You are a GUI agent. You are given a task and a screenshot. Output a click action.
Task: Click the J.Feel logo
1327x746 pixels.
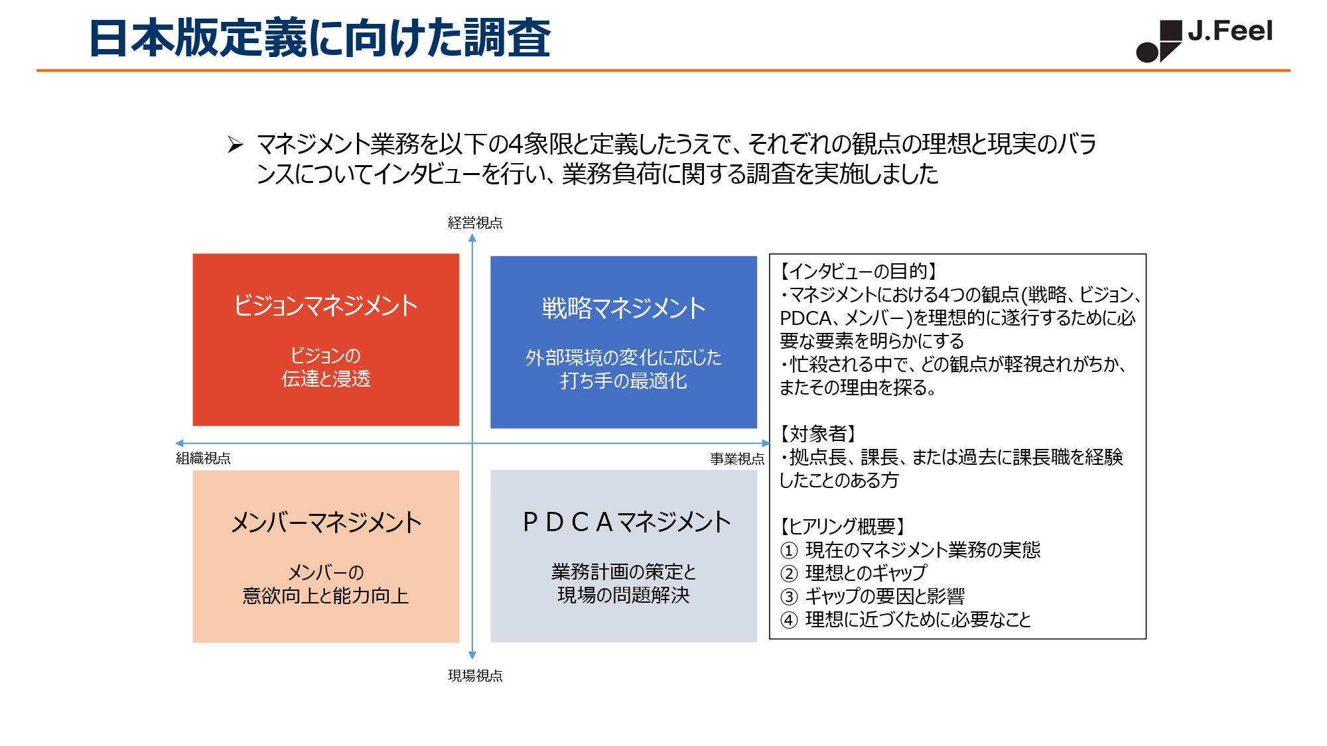coord(1204,40)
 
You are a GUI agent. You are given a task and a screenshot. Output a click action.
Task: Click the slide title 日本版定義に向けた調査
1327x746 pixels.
coord(320,38)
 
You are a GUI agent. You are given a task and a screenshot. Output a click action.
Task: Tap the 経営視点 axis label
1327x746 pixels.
coord(475,223)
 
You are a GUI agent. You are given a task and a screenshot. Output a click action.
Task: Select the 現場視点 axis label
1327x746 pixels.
coord(475,676)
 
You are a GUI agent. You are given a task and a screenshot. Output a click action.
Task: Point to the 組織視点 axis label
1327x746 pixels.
coord(203,458)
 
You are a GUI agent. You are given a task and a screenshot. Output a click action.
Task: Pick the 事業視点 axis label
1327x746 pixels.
coord(737,459)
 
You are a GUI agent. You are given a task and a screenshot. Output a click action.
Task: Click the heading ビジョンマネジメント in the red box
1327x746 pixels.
coord(326,306)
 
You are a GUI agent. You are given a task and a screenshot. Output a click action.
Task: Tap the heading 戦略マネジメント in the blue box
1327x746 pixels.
coord(624,308)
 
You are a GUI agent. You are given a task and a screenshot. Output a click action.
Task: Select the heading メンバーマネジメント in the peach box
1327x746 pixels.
coord(326,523)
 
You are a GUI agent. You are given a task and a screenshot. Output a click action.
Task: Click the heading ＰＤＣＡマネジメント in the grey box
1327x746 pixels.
coord(626,523)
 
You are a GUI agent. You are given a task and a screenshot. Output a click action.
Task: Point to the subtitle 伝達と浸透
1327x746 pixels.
coord(326,379)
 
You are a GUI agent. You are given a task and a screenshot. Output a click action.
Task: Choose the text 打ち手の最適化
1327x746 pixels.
coord(624,381)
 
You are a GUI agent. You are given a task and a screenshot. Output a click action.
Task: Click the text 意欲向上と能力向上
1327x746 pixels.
coord(326,595)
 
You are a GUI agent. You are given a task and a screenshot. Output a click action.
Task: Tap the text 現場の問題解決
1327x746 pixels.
coord(624,595)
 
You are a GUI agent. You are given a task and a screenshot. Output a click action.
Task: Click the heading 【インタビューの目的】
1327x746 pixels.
coord(859,271)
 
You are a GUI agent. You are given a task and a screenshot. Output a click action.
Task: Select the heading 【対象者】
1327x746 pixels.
coord(818,434)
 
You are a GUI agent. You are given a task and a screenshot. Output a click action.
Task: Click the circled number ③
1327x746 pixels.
coord(789,597)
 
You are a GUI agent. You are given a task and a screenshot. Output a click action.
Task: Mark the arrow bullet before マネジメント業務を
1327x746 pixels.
coord(236,144)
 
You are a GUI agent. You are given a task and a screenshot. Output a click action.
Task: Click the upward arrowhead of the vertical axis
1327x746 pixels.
coord(472,237)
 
